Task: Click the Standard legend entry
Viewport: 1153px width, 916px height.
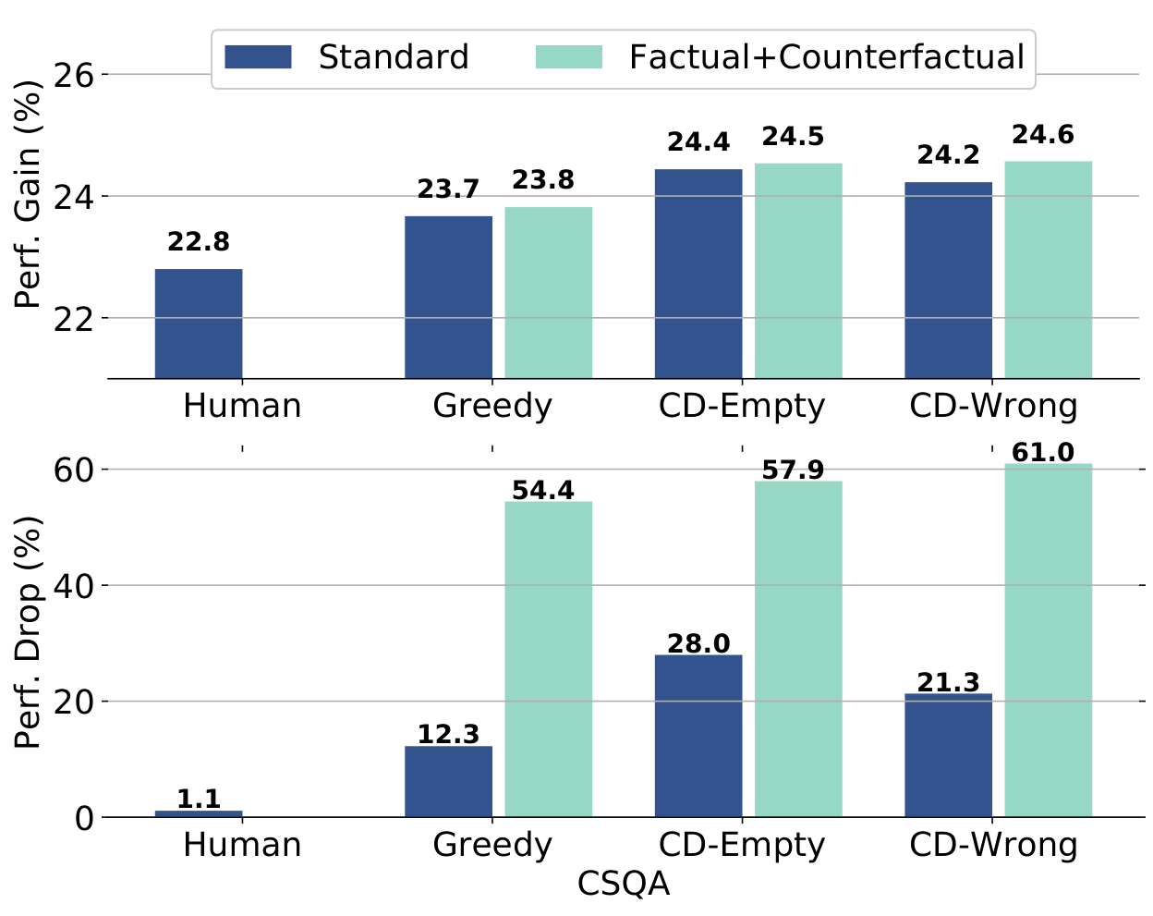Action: [x=347, y=57]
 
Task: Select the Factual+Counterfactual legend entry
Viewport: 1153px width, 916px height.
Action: [x=781, y=57]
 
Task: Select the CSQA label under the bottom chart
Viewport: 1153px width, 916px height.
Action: [x=624, y=885]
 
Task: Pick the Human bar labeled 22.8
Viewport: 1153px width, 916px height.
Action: [x=199, y=324]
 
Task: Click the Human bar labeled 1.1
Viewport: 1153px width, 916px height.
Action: [x=199, y=813]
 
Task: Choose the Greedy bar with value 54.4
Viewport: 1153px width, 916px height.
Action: [x=548, y=659]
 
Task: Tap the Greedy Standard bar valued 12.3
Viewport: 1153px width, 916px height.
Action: [x=448, y=781]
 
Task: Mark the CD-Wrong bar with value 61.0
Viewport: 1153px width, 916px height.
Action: [x=1048, y=640]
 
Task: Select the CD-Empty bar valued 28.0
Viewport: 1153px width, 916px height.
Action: [x=698, y=736]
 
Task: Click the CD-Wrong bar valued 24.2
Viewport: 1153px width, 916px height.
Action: [x=948, y=280]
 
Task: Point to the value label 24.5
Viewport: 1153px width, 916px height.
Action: [x=793, y=137]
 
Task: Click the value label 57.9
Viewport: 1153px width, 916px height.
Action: [x=793, y=470]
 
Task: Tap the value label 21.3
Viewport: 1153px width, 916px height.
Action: [x=948, y=683]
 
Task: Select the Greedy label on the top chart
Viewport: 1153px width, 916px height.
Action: [x=492, y=406]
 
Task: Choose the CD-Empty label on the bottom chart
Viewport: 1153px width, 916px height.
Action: [x=742, y=845]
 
